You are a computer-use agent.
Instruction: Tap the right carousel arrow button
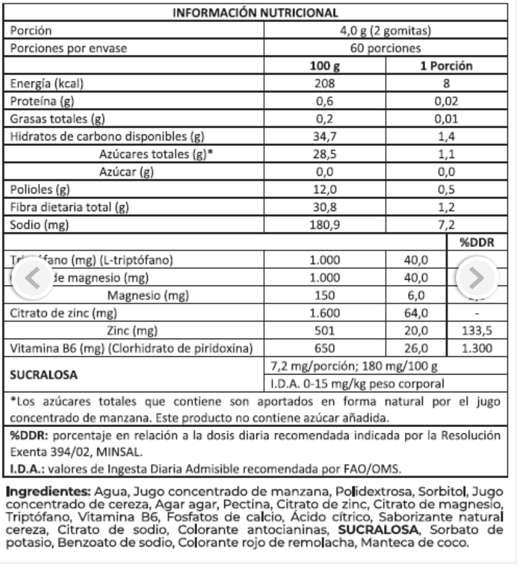pyautogui.click(x=478, y=277)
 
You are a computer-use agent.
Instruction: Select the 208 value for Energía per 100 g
pyautogui.click(x=326, y=83)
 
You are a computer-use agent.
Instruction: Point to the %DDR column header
pyautogui.click(x=476, y=243)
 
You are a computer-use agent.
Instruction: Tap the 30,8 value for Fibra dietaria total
pyautogui.click(x=326, y=207)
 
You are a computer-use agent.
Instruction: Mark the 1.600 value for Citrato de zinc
pyautogui.click(x=326, y=311)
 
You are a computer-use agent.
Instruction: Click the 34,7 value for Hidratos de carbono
pyautogui.click(x=326, y=136)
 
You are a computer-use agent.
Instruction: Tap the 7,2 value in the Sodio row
pyautogui.click(x=447, y=224)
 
